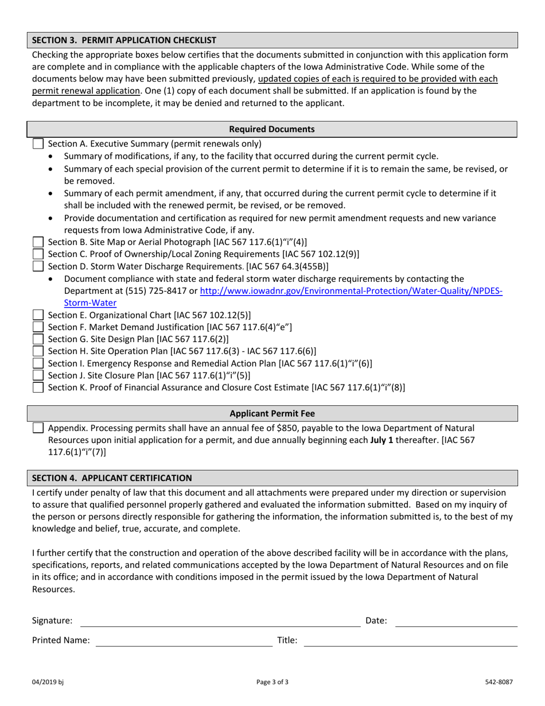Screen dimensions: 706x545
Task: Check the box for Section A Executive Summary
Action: tap(38, 144)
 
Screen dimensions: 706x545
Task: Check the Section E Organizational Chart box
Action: tap(38, 315)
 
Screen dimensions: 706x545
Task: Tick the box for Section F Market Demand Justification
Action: tap(38, 327)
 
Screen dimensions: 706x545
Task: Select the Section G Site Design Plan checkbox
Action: tap(38, 339)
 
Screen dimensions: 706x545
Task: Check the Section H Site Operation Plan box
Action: tap(38, 351)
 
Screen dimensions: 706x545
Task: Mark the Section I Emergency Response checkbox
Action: tap(38, 363)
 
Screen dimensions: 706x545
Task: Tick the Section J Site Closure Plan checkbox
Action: tap(38, 375)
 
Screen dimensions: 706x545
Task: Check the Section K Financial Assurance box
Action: tap(38, 387)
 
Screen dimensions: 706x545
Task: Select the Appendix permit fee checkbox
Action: tap(38, 428)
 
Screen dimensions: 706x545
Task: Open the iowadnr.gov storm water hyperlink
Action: tap(351, 291)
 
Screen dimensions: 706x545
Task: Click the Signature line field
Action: tap(220, 621)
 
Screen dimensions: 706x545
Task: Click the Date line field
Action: tap(456, 621)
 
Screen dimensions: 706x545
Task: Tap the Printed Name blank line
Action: tap(184, 641)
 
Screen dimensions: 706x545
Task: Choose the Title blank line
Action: tap(410, 641)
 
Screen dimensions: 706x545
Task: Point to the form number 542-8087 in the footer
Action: tap(498, 682)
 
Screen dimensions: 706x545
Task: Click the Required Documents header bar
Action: tap(272, 129)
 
